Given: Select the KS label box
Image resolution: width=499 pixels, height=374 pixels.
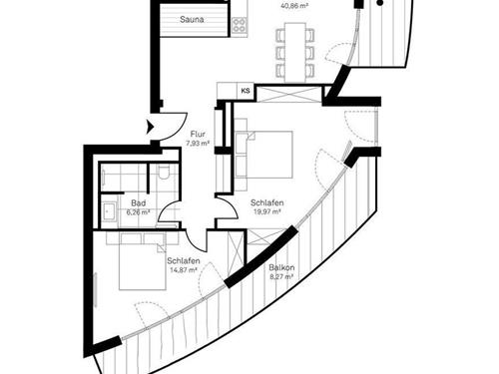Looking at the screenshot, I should pyautogui.click(x=245, y=92).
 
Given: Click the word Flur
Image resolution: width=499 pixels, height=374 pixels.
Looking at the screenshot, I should pyautogui.click(x=197, y=134).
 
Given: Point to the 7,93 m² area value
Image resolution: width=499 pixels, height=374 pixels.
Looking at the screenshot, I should pyautogui.click(x=197, y=144).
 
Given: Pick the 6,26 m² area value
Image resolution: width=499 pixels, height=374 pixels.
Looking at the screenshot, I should pyautogui.click(x=137, y=211).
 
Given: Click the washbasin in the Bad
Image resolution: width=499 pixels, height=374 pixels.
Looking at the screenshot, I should pyautogui.click(x=107, y=210).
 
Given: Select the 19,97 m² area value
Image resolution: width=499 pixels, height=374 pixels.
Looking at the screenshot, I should pyautogui.click(x=264, y=211).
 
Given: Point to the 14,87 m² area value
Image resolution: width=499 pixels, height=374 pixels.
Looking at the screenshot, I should pyautogui.click(x=184, y=270).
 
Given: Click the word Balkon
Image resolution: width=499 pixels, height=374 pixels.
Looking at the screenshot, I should pyautogui.click(x=280, y=267).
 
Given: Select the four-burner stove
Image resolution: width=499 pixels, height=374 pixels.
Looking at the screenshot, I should pyautogui.click(x=239, y=26).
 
